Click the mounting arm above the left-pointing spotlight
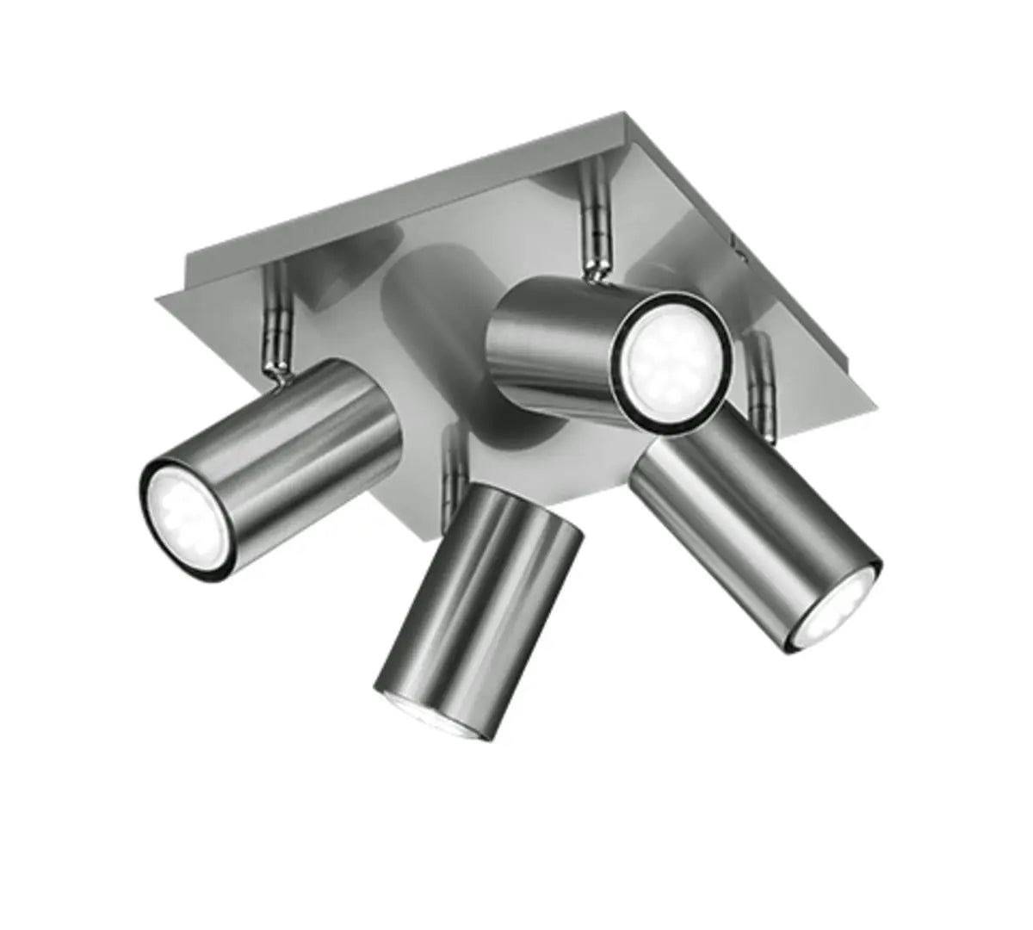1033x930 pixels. tap(278, 310)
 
